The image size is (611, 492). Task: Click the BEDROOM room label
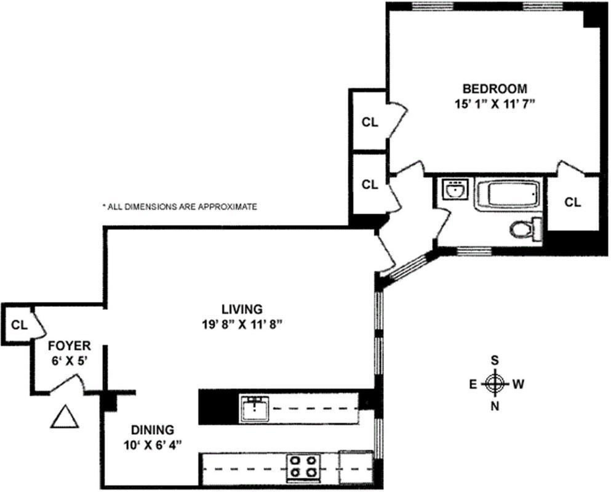(495, 89)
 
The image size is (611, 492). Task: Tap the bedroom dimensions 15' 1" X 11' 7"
(493, 105)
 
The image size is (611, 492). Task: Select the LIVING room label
(242, 309)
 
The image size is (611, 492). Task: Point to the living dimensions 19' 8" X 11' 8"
(242, 325)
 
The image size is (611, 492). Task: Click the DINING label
(153, 430)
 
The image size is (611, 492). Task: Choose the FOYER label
(70, 346)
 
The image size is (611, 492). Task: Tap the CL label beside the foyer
(19, 325)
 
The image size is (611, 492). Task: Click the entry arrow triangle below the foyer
(65, 417)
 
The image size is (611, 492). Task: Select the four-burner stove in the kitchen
(303, 467)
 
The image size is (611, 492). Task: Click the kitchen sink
(255, 408)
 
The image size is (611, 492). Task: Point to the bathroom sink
(455, 189)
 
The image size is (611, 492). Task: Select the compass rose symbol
(495, 384)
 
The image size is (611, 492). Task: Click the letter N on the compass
(495, 407)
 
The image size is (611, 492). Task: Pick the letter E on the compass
(473, 385)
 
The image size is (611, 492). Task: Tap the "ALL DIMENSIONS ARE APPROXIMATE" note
(180, 207)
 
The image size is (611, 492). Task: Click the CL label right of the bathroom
(572, 202)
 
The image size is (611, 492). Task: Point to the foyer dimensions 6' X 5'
(69, 361)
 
